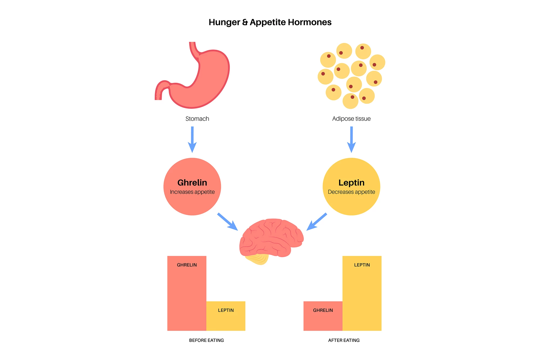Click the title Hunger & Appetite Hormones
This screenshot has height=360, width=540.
[270, 22]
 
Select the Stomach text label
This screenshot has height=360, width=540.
[197, 119]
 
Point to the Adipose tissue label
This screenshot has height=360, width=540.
[351, 119]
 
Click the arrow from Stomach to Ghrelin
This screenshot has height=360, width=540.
[192, 139]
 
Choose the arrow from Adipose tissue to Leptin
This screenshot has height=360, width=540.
[351, 139]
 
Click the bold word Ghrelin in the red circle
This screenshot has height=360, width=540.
[192, 183]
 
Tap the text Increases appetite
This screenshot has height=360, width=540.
[192, 192]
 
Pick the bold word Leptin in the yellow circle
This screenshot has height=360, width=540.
[351, 183]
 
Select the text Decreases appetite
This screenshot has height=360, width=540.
[351, 192]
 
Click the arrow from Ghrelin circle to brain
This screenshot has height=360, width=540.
[228, 222]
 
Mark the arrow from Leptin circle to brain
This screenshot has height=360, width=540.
[316, 222]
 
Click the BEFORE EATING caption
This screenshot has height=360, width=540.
[206, 340]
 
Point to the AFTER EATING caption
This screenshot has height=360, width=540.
[344, 340]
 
